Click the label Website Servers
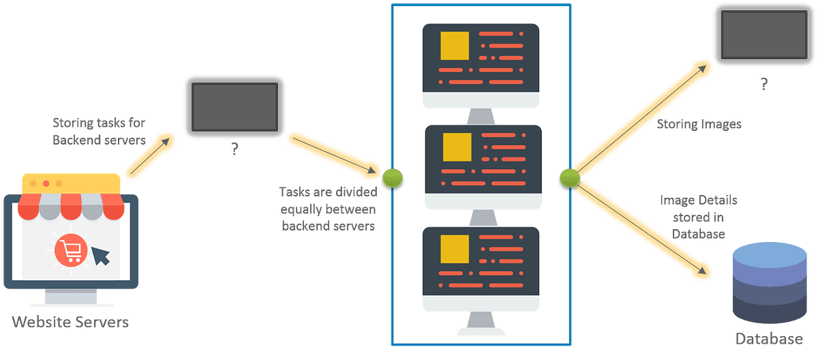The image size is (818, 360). tap(70, 322)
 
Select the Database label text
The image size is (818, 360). tap(768, 339)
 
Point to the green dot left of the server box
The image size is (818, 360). tap(392, 178)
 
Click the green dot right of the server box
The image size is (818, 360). tap(569, 178)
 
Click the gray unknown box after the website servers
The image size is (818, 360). tap(234, 108)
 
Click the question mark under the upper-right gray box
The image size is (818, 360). tap(763, 85)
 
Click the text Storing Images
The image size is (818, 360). tap(699, 124)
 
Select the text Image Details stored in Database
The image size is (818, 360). tap(698, 217)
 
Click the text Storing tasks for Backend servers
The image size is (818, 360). tap(100, 130)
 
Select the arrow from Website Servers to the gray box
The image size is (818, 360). tap(149, 157)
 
